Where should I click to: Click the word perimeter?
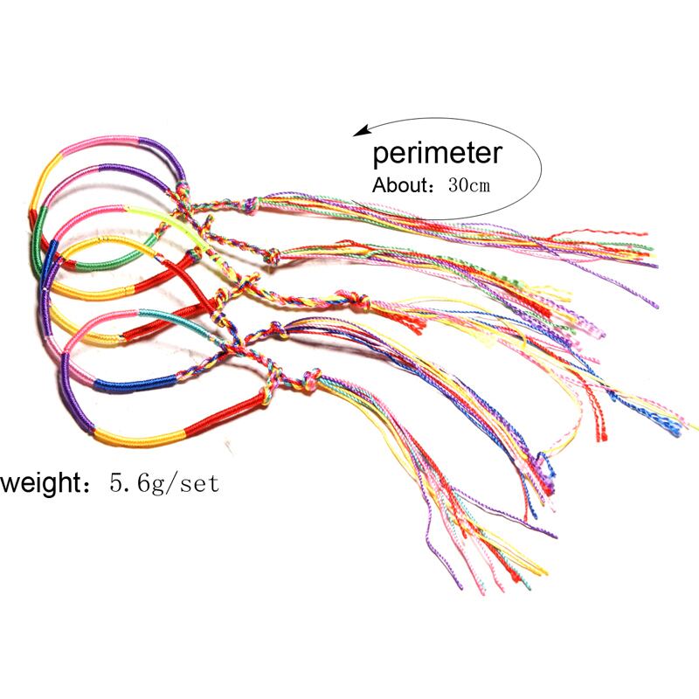tap(437, 154)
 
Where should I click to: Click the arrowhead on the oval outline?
tap(358, 132)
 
